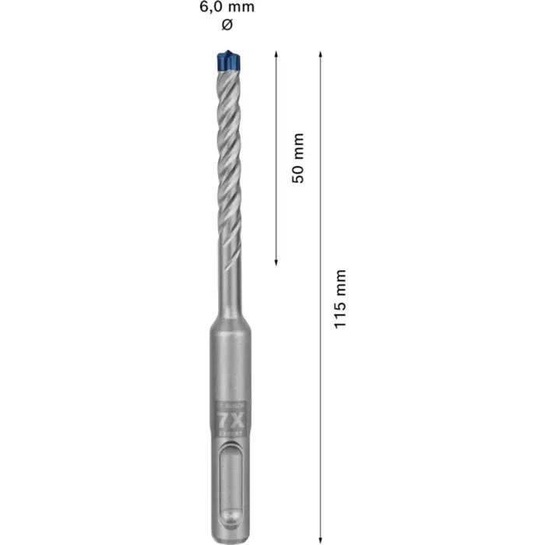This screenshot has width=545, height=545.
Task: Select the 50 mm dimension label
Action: click(297, 158)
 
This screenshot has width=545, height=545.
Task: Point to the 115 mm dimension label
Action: click(340, 298)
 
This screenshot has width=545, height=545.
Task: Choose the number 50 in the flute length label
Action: click(297, 171)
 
